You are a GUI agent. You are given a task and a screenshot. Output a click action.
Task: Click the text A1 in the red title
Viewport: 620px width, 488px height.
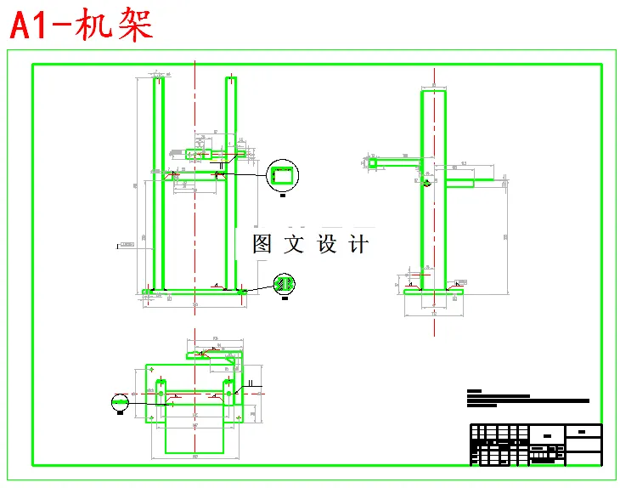pyautogui.click(x=34, y=26)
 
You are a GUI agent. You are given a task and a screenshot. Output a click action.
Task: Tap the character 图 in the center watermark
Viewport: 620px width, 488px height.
pyautogui.click(x=262, y=245)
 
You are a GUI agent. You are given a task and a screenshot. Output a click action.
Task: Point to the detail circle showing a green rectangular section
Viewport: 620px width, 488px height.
pyautogui.click(x=283, y=176)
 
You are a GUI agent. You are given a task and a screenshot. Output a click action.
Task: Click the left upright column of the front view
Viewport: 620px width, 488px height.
pyautogui.click(x=158, y=183)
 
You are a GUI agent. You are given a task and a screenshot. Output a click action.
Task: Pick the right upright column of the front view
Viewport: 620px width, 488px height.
pyautogui.click(x=230, y=183)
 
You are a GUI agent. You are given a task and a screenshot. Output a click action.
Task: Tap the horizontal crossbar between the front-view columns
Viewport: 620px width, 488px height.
pyautogui.click(x=194, y=174)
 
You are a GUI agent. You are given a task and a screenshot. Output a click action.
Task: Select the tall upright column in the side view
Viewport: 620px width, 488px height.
pyautogui.click(x=433, y=187)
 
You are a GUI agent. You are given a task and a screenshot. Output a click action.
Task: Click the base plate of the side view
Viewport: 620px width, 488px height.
pyautogui.click(x=434, y=292)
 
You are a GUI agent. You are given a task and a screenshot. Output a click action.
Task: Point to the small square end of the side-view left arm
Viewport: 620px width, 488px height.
pyautogui.click(x=372, y=162)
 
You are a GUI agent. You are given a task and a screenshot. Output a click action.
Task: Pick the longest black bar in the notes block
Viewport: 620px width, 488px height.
pyautogui.click(x=527, y=400)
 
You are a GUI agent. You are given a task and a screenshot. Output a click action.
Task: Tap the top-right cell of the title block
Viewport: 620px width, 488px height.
pyautogui.click(x=583, y=431)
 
